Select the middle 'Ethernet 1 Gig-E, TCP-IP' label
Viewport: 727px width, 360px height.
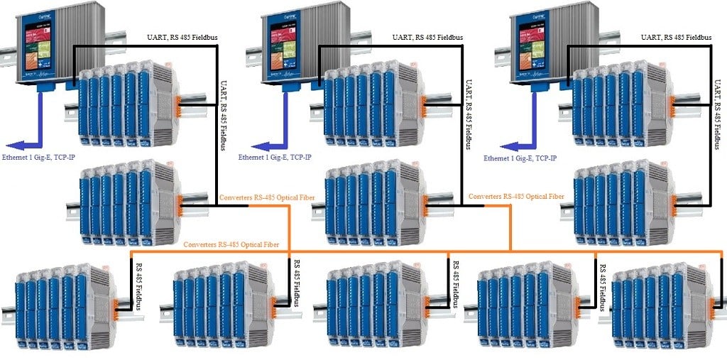pos(275,158)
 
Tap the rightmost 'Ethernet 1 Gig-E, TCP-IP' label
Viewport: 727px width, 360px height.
pos(520,158)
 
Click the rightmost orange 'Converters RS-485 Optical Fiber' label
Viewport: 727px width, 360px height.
pos(517,196)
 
